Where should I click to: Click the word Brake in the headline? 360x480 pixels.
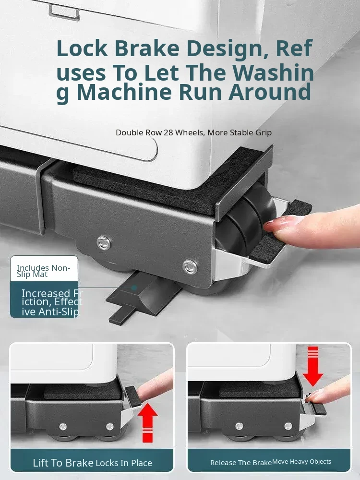147,48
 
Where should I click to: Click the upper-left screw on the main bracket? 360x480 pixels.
104,243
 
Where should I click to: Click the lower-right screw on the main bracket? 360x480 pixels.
190,266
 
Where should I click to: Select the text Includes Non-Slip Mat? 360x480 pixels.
44,271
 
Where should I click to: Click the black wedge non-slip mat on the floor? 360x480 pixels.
144,298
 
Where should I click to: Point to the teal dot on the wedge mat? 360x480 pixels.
134,288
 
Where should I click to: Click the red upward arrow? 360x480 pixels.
147,422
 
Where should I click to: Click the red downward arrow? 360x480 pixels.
313,366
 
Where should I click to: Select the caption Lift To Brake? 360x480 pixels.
63,463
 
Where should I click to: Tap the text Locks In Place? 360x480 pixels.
124,463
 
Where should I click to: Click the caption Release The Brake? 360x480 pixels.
241,463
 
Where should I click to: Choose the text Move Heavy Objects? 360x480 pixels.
302,461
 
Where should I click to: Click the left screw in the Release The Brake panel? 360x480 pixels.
240,426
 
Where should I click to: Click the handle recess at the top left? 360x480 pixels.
64,12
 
